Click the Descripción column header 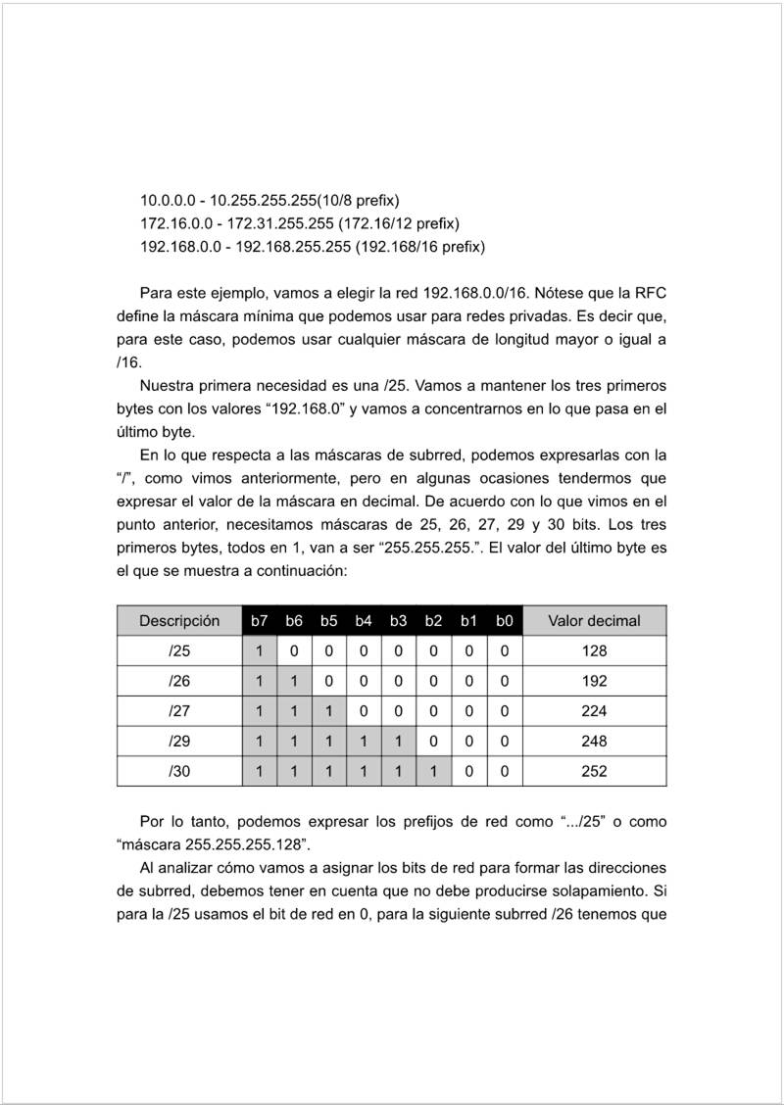179,620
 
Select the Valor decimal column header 594,620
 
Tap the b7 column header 260,620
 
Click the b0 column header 504,620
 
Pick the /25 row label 179,650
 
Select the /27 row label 179,710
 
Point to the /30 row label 179,771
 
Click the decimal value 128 594,650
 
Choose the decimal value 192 594,681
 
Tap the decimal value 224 594,710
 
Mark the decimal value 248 594,741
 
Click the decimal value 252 594,771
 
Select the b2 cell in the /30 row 434,771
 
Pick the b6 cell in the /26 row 294,681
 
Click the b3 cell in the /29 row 399,741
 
